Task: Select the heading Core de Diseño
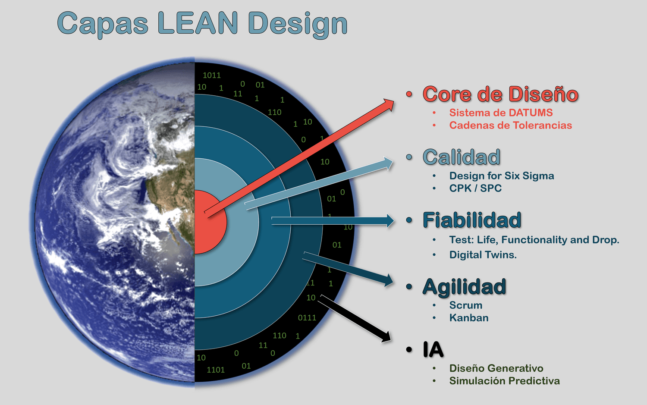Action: (x=500, y=94)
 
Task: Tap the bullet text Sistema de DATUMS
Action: (x=501, y=113)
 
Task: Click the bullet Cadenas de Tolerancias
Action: (x=510, y=126)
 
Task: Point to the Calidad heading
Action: (x=461, y=157)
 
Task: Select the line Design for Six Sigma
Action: (x=501, y=176)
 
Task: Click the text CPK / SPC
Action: (x=475, y=188)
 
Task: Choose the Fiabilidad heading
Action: (x=472, y=220)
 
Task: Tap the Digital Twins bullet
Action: (x=483, y=255)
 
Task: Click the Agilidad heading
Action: (x=464, y=287)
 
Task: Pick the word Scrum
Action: (x=465, y=305)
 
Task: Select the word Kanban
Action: (x=469, y=318)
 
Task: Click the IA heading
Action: (x=433, y=349)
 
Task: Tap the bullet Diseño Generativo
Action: (x=496, y=368)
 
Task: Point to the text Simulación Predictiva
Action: (x=504, y=381)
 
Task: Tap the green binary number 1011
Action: (x=211, y=75)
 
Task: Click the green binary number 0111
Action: (x=307, y=318)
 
